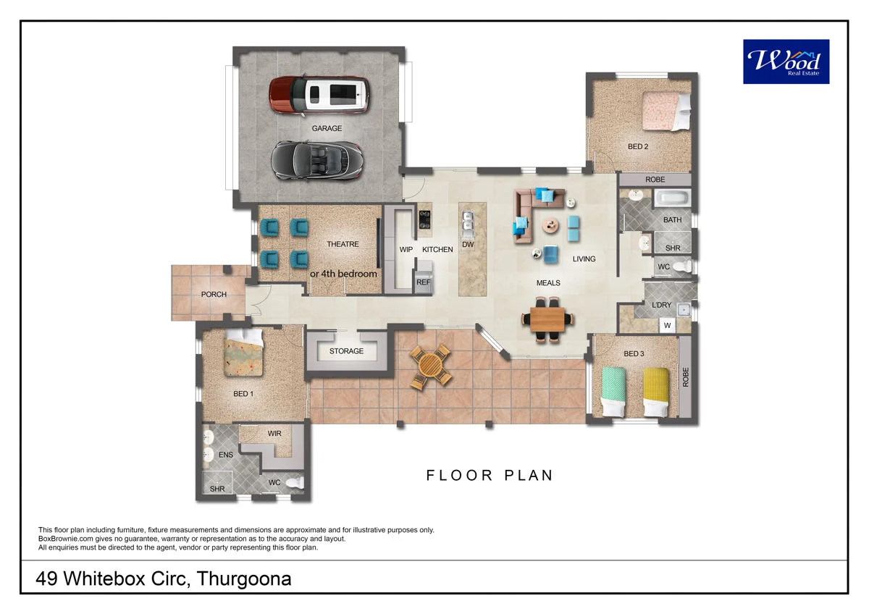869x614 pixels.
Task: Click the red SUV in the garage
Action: [x=319, y=96]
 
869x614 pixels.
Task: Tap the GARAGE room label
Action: [x=327, y=128]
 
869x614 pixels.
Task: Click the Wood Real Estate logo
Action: [x=786, y=62]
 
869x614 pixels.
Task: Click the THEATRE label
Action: [x=343, y=244]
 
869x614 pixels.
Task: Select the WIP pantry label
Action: [x=406, y=250]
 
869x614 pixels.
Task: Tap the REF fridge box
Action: [x=424, y=283]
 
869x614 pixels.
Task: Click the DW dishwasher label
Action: [x=468, y=245]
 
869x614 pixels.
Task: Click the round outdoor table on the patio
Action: [x=430, y=366]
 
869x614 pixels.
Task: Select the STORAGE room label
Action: [x=346, y=351]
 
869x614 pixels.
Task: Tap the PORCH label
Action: [x=214, y=295]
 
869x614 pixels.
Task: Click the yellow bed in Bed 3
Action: [x=657, y=391]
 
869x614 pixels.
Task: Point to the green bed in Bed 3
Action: [x=614, y=391]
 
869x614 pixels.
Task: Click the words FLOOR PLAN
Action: [x=490, y=476]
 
